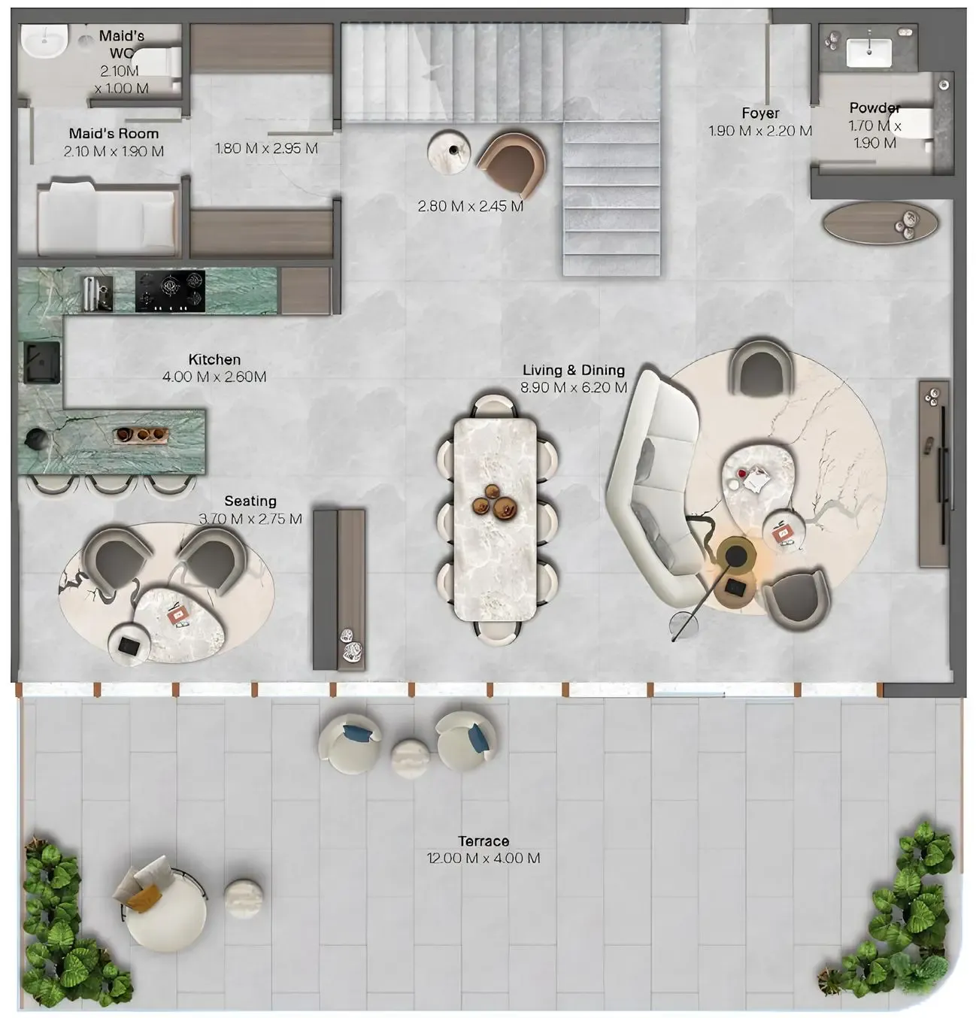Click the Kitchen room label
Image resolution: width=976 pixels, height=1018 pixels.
click(214, 360)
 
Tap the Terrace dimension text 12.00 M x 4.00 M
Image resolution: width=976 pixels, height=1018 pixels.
click(483, 859)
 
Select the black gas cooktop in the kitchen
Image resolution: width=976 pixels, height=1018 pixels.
click(170, 292)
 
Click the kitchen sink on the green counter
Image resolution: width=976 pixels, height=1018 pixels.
click(41, 362)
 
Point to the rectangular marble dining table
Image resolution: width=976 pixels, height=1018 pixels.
click(496, 519)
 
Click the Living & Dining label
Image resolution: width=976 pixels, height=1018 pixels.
click(574, 370)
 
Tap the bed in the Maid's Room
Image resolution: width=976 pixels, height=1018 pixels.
click(107, 218)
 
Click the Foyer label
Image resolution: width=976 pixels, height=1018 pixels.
click(760, 114)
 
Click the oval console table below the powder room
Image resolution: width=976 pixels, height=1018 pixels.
click(881, 223)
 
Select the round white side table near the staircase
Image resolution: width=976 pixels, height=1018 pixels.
click(450, 152)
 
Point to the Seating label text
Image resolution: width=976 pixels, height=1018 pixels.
click(250, 501)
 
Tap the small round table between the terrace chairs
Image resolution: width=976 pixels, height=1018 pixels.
click(411, 757)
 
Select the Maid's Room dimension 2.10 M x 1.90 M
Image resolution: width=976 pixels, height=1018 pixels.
click(114, 152)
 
